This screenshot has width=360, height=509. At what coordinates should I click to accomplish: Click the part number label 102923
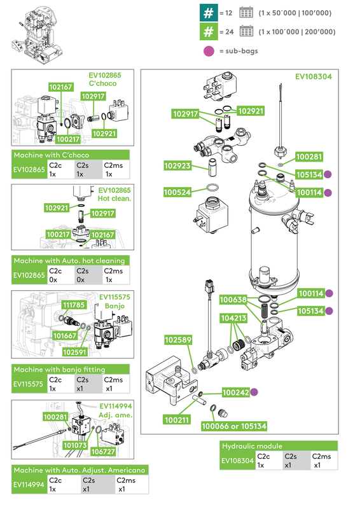pyautogui.click(x=178, y=165)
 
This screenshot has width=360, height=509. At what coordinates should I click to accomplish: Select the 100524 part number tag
pyautogui.click(x=178, y=191)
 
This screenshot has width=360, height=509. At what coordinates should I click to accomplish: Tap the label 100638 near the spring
pyautogui.click(x=234, y=299)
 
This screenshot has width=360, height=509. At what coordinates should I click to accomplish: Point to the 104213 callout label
pyautogui.click(x=234, y=316)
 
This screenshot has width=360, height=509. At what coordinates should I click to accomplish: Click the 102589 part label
pyautogui.click(x=179, y=340)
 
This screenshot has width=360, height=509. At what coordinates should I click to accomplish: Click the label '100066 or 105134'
pyautogui.click(x=233, y=426)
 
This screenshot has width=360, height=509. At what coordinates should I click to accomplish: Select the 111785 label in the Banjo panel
pyautogui.click(x=74, y=305)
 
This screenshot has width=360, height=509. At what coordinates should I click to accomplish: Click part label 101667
pyautogui.click(x=64, y=335)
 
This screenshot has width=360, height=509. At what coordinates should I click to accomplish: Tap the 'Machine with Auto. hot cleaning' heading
pyautogui.click(x=71, y=260)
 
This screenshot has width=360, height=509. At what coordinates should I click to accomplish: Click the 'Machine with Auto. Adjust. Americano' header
pyautogui.click(x=80, y=470)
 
